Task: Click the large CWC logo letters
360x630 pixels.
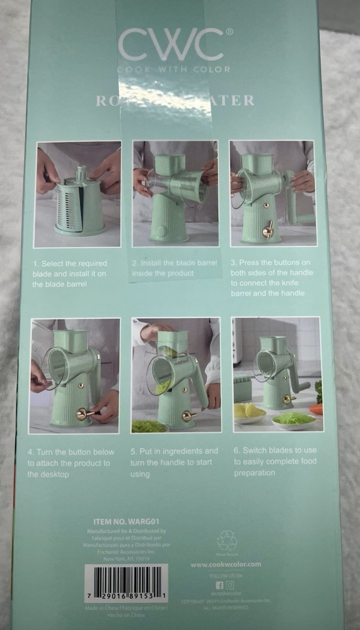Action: [x=170, y=45]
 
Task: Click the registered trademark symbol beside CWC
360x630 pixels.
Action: [x=229, y=30]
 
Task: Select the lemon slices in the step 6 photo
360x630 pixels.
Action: [x=249, y=411]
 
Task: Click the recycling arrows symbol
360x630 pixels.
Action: [x=226, y=540]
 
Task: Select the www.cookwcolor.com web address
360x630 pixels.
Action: [x=226, y=564]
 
